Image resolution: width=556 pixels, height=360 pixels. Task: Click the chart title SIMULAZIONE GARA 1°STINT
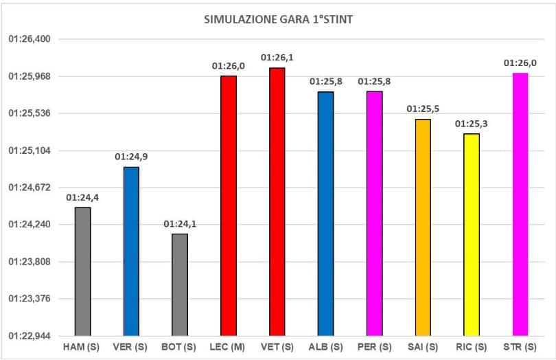(278, 19)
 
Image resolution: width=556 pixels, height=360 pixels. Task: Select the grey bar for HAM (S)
(82, 271)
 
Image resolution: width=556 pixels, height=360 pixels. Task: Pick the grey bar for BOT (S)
(179, 284)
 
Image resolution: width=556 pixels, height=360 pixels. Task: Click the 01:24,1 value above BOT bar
(179, 225)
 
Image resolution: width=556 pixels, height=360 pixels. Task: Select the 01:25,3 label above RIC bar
(471, 124)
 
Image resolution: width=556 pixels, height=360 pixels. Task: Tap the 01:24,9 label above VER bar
(131, 157)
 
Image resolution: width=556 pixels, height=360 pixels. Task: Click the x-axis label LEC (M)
(228, 348)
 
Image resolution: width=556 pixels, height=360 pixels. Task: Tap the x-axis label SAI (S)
(423, 348)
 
